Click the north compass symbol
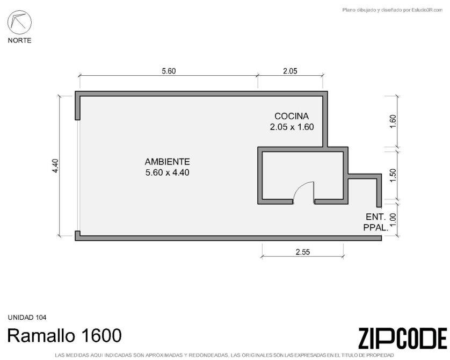click(x=19, y=23)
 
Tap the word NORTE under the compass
click(x=19, y=40)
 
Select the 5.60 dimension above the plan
click(x=169, y=71)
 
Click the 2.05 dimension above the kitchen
click(x=290, y=71)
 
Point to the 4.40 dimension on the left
click(x=55, y=166)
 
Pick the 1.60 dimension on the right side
click(x=393, y=122)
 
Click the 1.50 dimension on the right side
click(x=393, y=175)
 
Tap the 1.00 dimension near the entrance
click(x=393, y=220)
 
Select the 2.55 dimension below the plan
click(x=303, y=252)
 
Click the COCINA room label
click(x=292, y=116)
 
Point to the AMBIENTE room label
click(x=168, y=162)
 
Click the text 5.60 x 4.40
click(x=168, y=172)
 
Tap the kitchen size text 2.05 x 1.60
click(x=292, y=127)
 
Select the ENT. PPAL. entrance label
click(x=376, y=222)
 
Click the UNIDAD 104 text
click(x=27, y=318)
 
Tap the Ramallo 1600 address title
click(x=64, y=335)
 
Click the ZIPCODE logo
click(x=403, y=339)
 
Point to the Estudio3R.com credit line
click(x=393, y=10)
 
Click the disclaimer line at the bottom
click(x=224, y=355)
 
